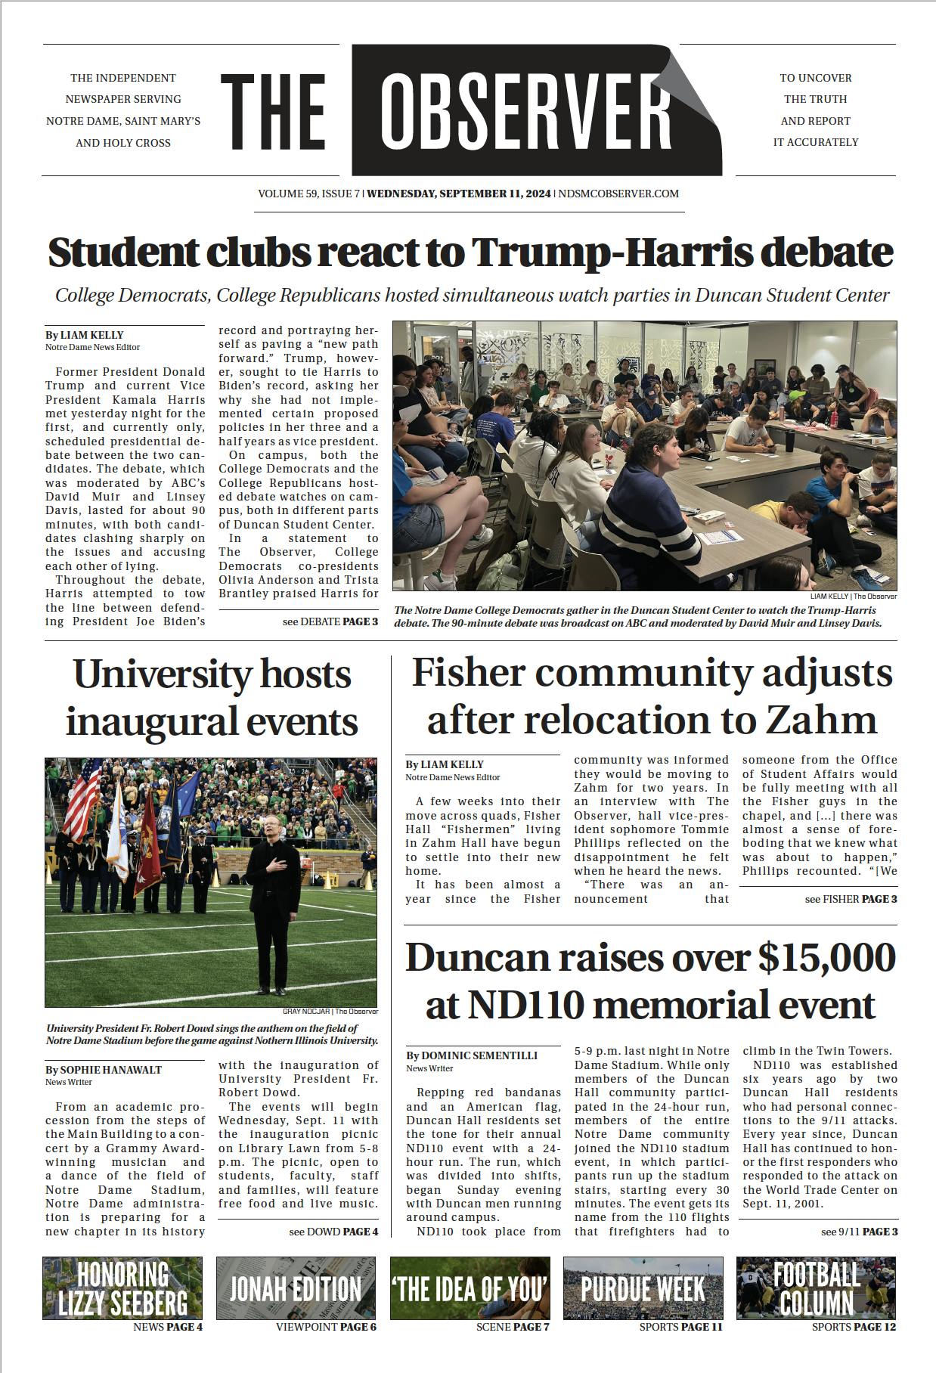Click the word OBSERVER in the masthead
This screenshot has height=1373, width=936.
(x=525, y=110)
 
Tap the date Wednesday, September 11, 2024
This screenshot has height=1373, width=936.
(x=459, y=194)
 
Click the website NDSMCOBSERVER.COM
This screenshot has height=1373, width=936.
(x=618, y=194)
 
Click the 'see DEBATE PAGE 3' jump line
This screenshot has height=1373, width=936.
(x=330, y=621)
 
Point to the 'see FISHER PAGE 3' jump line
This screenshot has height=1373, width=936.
(x=851, y=899)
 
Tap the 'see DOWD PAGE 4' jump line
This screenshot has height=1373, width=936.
(x=333, y=1232)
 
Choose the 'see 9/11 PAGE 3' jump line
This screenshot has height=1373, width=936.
(x=859, y=1232)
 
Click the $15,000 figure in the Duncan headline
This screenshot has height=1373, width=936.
(x=826, y=958)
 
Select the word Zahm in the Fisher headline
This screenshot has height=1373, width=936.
(x=822, y=720)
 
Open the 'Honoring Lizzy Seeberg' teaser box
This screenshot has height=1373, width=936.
(x=122, y=1288)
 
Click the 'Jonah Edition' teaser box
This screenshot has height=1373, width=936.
(x=296, y=1288)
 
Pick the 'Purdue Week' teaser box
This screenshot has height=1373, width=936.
(x=643, y=1288)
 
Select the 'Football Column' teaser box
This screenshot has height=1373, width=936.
(x=816, y=1288)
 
